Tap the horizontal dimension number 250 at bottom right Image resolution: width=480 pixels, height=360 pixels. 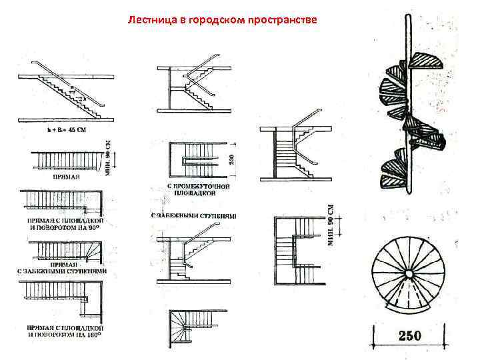[410, 335]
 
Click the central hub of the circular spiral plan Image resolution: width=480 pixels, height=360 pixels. [407, 274]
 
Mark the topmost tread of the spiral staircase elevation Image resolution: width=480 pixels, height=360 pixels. [426, 61]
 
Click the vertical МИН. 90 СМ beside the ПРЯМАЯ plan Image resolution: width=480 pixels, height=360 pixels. [109, 155]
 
